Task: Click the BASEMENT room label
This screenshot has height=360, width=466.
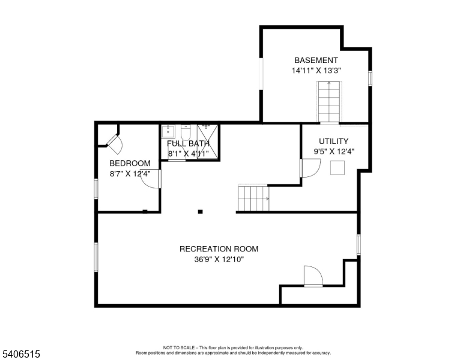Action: tap(316, 61)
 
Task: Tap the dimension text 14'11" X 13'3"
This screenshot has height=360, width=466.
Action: tap(316, 70)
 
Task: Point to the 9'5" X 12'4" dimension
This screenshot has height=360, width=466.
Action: tap(334, 152)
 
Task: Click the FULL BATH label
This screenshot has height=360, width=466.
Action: tap(188, 144)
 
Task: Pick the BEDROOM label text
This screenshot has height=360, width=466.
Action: tap(129, 163)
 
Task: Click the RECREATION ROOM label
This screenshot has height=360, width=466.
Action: tap(219, 249)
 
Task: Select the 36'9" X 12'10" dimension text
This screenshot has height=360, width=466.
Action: tap(219, 259)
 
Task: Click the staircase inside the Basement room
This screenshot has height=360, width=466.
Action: tap(328, 101)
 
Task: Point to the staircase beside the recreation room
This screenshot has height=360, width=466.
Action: tap(253, 198)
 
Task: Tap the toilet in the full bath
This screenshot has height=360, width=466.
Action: tap(186, 130)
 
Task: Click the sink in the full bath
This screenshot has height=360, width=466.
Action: tap(169, 131)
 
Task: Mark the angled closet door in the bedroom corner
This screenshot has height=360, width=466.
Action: tap(114, 142)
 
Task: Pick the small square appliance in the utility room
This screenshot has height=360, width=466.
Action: tap(336, 168)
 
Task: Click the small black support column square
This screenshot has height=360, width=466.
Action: tap(201, 211)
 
